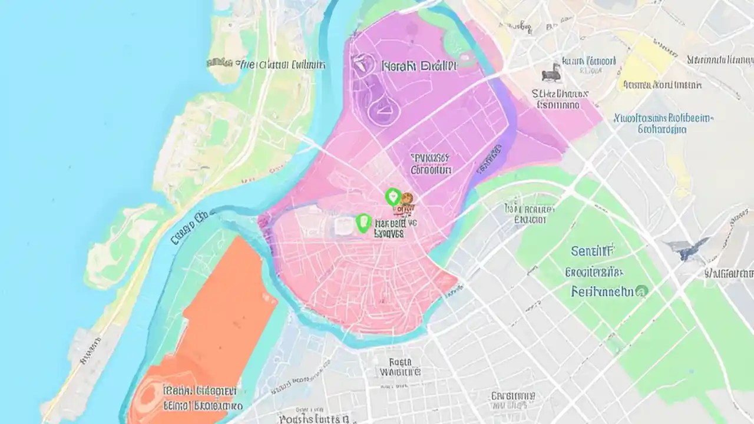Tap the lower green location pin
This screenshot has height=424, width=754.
(363, 223)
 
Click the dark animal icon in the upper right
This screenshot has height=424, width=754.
(551, 72)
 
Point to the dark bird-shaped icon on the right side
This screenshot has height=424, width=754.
(686, 250)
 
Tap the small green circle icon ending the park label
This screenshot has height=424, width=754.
(642, 290)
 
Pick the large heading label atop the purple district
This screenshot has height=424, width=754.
(419, 65)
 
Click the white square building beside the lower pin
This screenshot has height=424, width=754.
(343, 226)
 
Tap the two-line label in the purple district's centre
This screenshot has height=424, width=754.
(430, 164)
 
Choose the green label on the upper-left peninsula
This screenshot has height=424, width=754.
(266, 64)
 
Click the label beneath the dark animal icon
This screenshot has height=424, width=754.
(559, 99)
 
